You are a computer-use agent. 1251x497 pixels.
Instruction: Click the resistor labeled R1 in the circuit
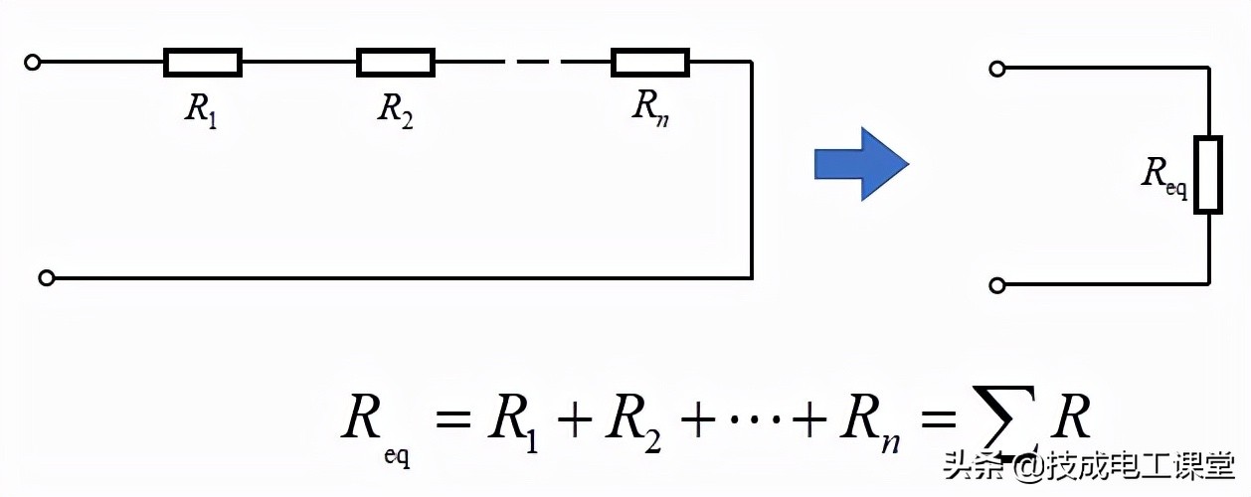[203, 63]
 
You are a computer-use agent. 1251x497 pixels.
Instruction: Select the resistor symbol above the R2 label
[396, 63]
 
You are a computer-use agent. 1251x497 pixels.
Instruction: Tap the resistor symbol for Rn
[650, 63]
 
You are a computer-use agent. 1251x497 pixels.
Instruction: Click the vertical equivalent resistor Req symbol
[1207, 176]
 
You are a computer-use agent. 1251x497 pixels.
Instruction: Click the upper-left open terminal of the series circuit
[32, 63]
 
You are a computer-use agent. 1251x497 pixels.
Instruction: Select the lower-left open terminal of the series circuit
[46, 278]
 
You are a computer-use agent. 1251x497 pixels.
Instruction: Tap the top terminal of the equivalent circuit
[997, 69]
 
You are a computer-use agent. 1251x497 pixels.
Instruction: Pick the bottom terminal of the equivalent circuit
[997, 285]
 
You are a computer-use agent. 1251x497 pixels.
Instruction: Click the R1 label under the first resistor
[202, 109]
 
